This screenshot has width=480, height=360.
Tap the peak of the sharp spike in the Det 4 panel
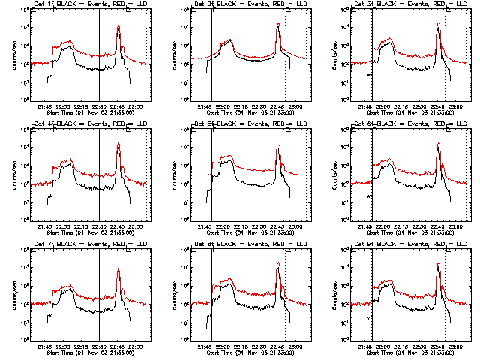tap(118, 143)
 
